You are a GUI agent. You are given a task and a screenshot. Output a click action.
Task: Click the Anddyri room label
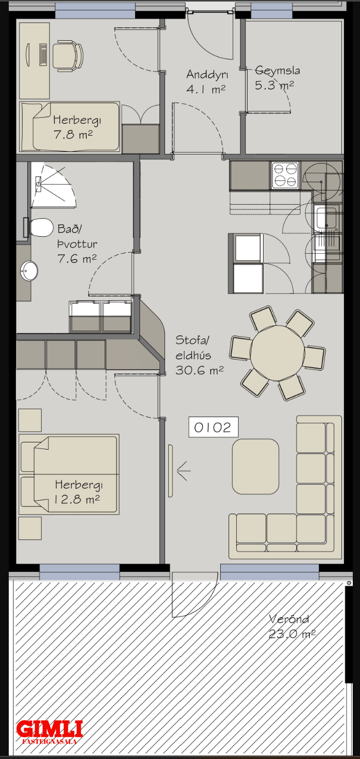click(207, 75)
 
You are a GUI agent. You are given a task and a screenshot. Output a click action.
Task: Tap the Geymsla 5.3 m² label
click(277, 78)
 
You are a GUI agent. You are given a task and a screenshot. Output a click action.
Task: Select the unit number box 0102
click(213, 427)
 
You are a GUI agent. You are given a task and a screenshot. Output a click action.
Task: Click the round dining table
click(277, 353)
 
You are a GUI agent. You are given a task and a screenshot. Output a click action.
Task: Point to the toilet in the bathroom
click(39, 227)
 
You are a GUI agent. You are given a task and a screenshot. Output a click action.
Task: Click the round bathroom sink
click(29, 271)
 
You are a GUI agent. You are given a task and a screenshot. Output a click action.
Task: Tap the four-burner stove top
click(285, 175)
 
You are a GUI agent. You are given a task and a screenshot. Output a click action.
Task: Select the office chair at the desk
click(68, 56)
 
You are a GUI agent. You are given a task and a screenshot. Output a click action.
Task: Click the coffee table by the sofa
click(256, 466)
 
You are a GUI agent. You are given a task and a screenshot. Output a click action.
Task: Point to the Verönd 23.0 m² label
click(291, 626)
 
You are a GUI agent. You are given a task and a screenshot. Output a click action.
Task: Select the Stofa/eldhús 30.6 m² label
click(199, 355)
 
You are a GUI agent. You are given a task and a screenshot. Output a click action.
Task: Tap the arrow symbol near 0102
click(184, 471)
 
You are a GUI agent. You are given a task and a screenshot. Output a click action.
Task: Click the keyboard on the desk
click(43, 54)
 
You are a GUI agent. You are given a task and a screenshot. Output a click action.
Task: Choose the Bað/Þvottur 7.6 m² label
click(77, 243)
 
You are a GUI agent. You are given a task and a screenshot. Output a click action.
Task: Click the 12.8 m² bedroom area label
click(77, 499)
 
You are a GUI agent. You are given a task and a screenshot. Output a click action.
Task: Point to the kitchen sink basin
click(326, 217)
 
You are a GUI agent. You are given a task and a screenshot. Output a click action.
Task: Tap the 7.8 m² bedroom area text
click(73, 135)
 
